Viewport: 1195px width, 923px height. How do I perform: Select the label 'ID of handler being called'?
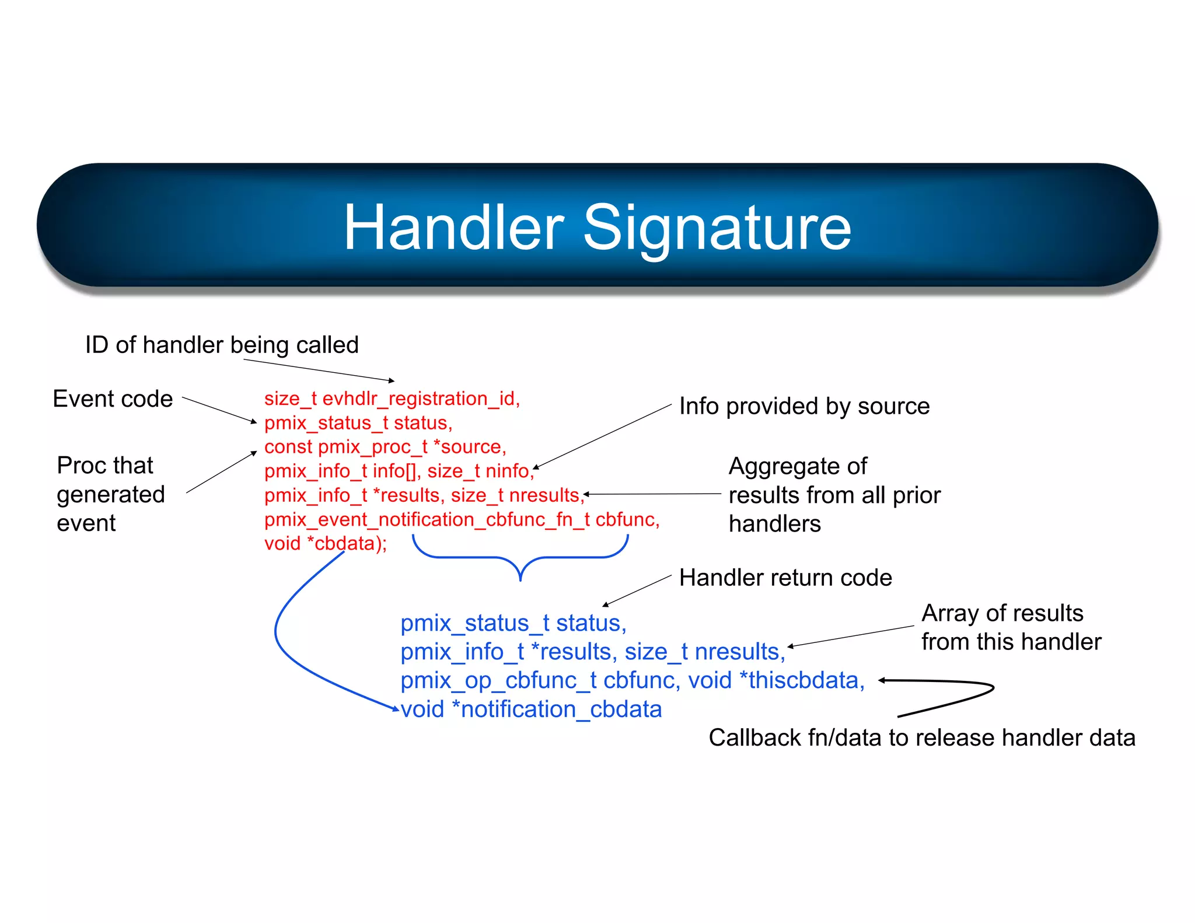tap(222, 345)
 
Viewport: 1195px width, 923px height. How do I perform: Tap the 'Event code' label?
tap(113, 399)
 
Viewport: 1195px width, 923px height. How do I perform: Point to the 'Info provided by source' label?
tap(804, 406)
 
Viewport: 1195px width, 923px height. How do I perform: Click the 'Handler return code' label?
tap(785, 578)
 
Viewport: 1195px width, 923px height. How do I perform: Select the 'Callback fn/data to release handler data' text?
tap(921, 737)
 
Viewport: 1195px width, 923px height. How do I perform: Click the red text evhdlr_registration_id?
tap(420, 398)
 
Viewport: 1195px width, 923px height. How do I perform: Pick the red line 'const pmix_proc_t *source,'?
tap(385, 447)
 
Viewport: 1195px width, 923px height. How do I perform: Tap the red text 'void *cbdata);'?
tap(325, 544)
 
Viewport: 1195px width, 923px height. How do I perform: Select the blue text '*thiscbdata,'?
tap(801, 680)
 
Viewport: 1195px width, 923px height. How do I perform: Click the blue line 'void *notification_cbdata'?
tap(531, 709)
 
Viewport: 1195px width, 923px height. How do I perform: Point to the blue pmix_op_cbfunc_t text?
tap(498, 680)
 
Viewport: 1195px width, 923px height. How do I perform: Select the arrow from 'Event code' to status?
tap(219, 410)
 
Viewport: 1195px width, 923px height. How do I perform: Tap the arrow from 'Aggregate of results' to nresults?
tap(654, 494)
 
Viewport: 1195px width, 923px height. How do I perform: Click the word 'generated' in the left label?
tap(111, 495)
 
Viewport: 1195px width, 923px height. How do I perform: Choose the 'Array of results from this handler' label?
tap(1011, 627)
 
